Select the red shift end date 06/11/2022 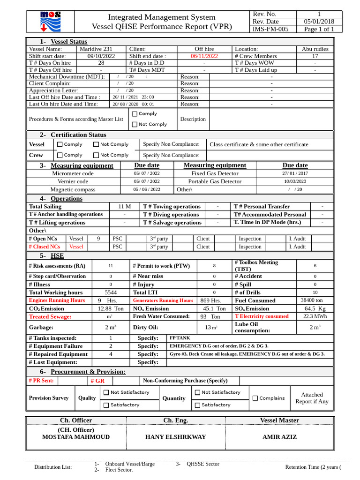pyautogui.click(x=204, y=56)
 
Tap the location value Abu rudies pyautogui.click(x=315, y=49)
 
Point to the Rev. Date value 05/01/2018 pyautogui.click(x=319, y=22)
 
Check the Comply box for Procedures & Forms pyautogui.click(x=135, y=114)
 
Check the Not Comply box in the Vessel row pyautogui.click(x=96, y=144)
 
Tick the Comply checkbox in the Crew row pyautogui.click(x=60, y=155)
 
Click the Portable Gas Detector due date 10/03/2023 pyautogui.click(x=295, y=181)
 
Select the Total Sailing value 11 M pyautogui.click(x=124, y=207)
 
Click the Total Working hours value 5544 pyautogui.click(x=111, y=292)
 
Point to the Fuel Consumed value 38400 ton pyautogui.click(x=312, y=300)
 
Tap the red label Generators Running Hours pyautogui.click(x=163, y=300)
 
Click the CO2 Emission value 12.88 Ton pyautogui.click(x=111, y=309)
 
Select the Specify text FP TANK pyautogui.click(x=180, y=338)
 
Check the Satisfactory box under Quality pyautogui.click(x=106, y=405)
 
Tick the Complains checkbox pyautogui.click(x=255, y=398)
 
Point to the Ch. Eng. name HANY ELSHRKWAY pyautogui.click(x=176, y=437)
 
